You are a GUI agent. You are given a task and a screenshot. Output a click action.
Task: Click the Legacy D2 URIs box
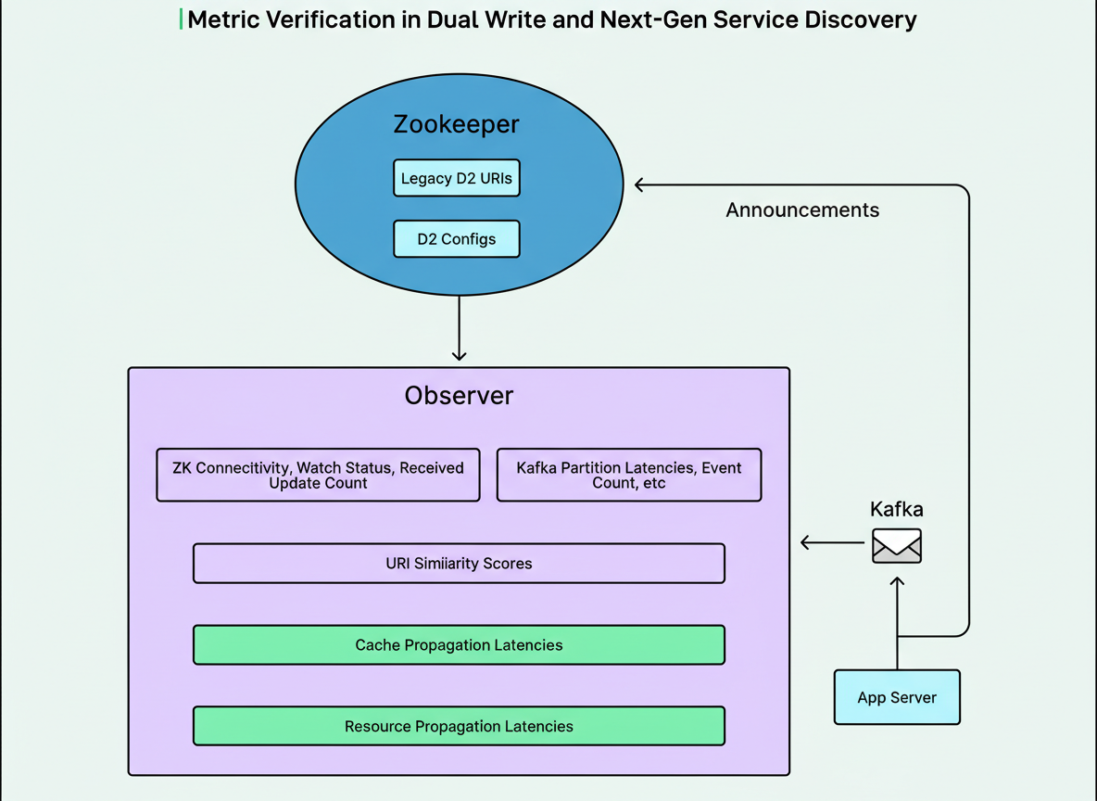pos(457,178)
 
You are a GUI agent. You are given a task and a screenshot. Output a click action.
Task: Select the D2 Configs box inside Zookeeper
pos(457,238)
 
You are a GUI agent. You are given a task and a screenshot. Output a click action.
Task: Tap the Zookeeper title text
pos(456,124)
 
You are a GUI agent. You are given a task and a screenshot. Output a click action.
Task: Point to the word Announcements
pos(802,210)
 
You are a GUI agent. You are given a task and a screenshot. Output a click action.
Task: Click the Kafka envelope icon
pos(897,546)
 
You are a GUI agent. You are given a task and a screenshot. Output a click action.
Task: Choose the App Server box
pos(897,697)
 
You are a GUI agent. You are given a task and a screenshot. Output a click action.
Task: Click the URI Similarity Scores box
pos(459,563)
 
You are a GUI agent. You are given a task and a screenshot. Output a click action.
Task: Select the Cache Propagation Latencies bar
pos(459,644)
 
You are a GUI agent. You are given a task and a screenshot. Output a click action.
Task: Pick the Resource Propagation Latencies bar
pos(459,726)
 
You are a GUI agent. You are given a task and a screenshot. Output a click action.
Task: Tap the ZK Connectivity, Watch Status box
pos(318,476)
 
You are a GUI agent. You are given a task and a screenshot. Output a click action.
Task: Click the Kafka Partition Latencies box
pos(629,476)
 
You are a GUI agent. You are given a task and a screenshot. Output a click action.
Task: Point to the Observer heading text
pos(459,396)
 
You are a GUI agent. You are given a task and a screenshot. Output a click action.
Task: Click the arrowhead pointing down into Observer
pos(459,354)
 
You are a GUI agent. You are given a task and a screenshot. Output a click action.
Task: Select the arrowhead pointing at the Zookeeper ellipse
pos(640,185)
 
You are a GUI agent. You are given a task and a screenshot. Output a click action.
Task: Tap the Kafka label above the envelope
pos(897,509)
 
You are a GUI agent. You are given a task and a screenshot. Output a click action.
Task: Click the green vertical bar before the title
pos(181,19)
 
